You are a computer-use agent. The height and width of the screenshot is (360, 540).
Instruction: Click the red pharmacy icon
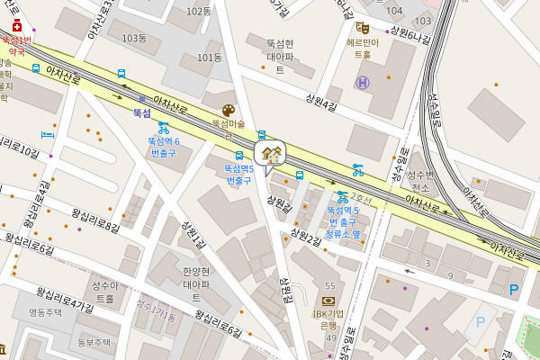click(x=17, y=25)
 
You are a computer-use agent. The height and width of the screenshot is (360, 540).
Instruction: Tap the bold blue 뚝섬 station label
click(x=142, y=113)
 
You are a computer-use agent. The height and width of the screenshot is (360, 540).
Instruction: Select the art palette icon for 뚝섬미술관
click(x=228, y=109)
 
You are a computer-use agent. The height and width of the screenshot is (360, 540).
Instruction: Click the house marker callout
click(x=270, y=154)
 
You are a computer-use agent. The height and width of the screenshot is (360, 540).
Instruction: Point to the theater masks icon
click(x=363, y=28)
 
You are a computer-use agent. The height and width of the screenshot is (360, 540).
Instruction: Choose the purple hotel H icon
click(x=363, y=83)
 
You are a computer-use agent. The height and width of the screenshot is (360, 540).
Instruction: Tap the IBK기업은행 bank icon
click(x=328, y=301)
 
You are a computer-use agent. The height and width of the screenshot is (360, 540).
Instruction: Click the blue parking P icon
click(x=514, y=289)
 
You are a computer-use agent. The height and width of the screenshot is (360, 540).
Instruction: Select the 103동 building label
click(x=134, y=38)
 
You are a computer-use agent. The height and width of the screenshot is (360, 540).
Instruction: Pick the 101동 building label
click(x=209, y=57)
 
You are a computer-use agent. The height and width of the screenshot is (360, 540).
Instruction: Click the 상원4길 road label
click(x=321, y=106)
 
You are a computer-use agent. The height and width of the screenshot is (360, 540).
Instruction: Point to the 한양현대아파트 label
click(x=196, y=283)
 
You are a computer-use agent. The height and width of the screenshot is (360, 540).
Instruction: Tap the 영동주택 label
click(x=45, y=312)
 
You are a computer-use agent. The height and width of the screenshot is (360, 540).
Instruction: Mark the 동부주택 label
click(x=93, y=342)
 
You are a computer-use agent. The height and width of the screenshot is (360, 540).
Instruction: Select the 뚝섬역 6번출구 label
click(x=164, y=148)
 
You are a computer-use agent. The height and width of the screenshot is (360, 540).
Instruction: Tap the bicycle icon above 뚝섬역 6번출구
click(x=164, y=128)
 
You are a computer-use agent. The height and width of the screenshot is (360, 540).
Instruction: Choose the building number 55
click(x=330, y=285)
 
